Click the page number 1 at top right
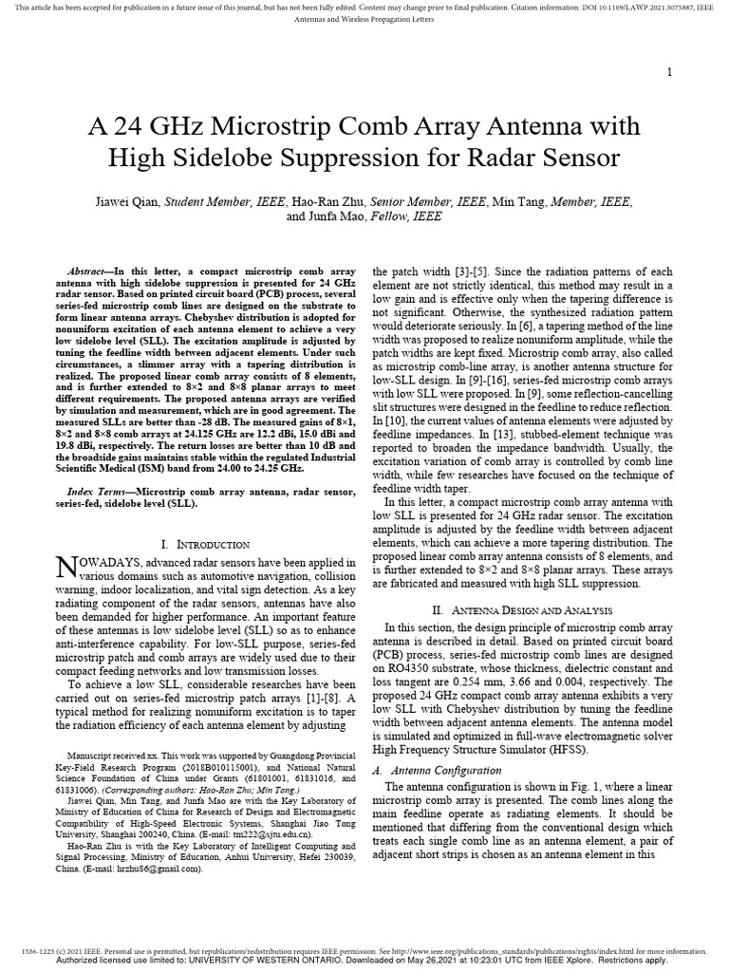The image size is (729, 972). pos(671,73)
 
